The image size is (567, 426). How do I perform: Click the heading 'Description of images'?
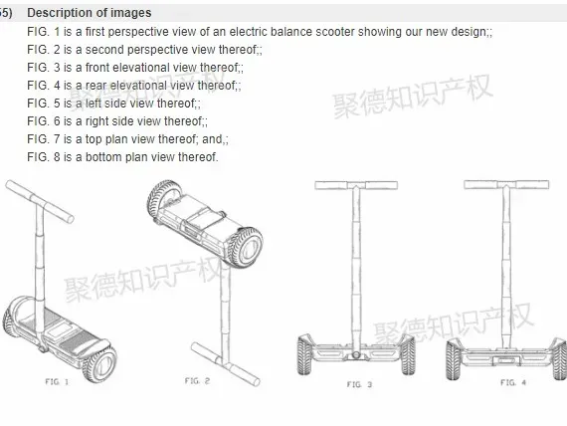pyautogui.click(x=90, y=13)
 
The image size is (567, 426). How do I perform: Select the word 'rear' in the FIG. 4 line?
pyautogui.click(x=95, y=86)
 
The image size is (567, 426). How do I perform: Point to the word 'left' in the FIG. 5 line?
pyautogui.click(x=94, y=104)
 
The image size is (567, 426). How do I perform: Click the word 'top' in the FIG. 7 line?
pyautogui.click(x=94, y=139)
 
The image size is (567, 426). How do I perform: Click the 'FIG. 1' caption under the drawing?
pyautogui.click(x=57, y=381)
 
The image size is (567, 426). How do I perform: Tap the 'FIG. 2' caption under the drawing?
pyautogui.click(x=197, y=381)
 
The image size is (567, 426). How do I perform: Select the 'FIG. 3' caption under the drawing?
pyautogui.click(x=359, y=384)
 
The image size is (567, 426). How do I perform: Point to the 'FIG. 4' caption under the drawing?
pyautogui.click(x=513, y=382)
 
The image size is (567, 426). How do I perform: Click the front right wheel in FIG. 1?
pyautogui.click(x=99, y=363)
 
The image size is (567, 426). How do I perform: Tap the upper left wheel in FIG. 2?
pyautogui.click(x=164, y=198)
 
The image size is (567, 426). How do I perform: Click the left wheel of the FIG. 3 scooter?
pyautogui.click(x=305, y=354)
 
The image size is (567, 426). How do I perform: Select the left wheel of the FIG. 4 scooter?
pyautogui.click(x=455, y=359)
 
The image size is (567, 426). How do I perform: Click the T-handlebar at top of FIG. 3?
pyautogui.click(x=356, y=185)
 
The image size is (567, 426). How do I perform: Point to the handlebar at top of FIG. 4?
pyautogui.click(x=506, y=184)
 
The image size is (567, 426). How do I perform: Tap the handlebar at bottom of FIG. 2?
pyautogui.click(x=225, y=364)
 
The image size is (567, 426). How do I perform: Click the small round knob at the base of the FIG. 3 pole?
pyautogui.click(x=356, y=355)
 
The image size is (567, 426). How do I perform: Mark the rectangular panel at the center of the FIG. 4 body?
pyautogui.click(x=506, y=360)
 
